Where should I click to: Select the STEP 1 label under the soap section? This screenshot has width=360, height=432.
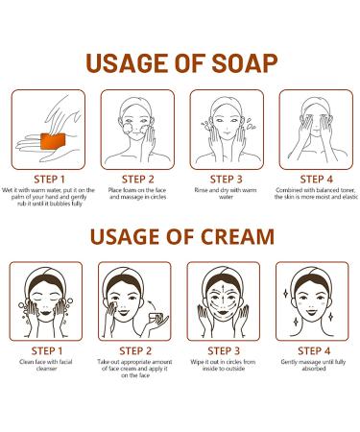47,179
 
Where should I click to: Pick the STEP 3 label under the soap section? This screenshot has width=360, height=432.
225,179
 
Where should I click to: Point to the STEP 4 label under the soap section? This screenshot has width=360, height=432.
313,179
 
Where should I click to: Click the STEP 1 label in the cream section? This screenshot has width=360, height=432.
45,350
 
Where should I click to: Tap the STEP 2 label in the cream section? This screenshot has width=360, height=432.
134,350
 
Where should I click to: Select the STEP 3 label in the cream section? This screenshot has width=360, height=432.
224,350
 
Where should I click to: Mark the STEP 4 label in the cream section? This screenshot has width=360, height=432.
314,350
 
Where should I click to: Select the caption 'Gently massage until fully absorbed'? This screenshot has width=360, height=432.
314,370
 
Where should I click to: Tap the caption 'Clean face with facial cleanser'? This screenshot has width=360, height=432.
45,370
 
